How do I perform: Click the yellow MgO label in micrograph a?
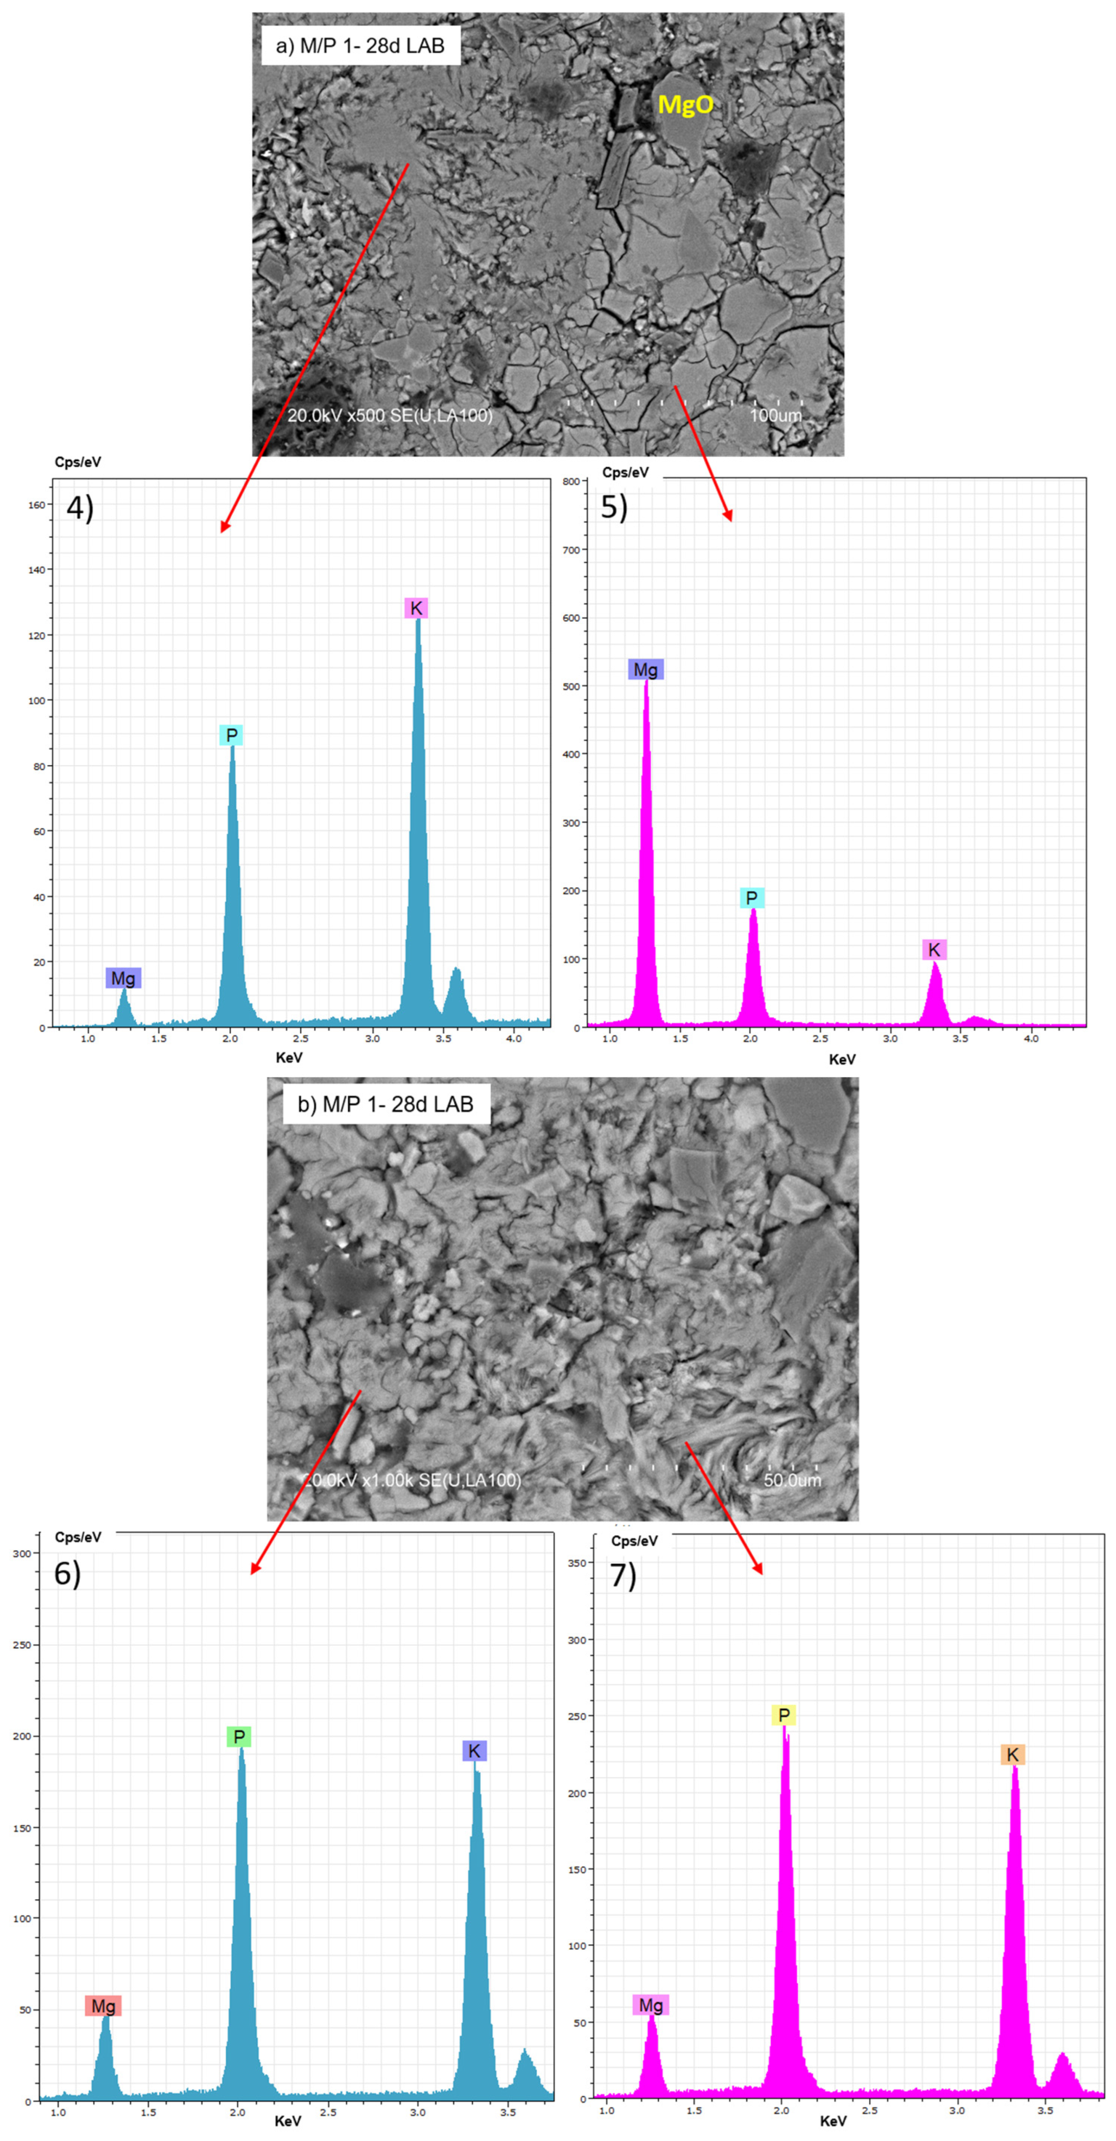click(685, 105)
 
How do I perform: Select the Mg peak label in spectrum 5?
click(646, 670)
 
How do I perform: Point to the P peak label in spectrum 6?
click(238, 1736)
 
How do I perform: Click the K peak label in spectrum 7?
click(1012, 1754)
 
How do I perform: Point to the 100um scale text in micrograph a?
click(775, 415)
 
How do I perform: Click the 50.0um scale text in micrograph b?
click(792, 1479)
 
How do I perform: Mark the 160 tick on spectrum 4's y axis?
click(37, 505)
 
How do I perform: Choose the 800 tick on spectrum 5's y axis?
click(571, 481)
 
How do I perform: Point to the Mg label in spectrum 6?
click(103, 2007)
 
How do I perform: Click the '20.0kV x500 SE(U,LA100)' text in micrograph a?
click(390, 415)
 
